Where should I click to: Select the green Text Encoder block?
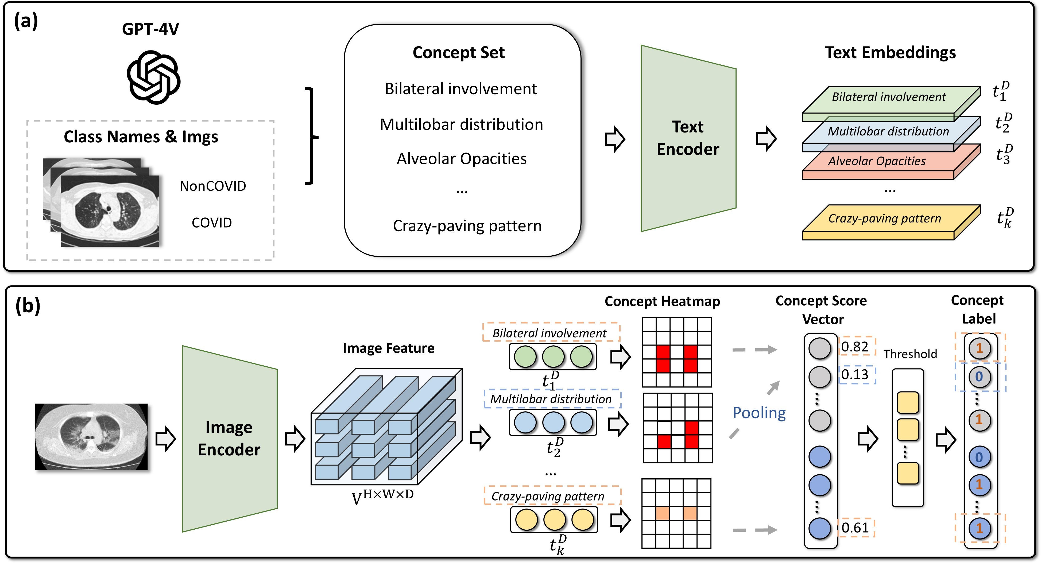click(x=688, y=138)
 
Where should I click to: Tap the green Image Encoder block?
click(x=229, y=439)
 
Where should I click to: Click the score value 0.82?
click(x=855, y=346)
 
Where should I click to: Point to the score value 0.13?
click(x=855, y=374)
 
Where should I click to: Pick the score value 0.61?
click(x=855, y=527)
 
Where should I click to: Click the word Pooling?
click(x=759, y=413)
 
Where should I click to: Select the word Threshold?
click(x=910, y=354)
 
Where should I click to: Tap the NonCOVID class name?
click(x=212, y=186)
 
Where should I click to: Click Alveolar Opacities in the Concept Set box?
click(x=462, y=159)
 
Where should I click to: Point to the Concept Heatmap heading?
click(x=662, y=301)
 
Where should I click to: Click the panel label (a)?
click(x=26, y=21)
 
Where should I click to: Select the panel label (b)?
click(x=28, y=306)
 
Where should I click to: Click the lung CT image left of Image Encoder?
click(x=91, y=437)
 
